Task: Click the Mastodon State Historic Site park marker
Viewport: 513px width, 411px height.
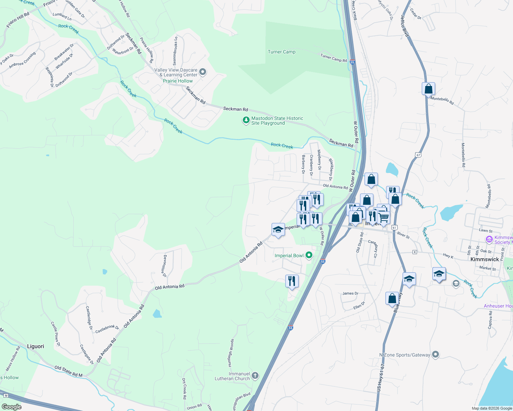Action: [x=246, y=120]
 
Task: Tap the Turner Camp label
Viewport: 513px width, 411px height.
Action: [x=281, y=52]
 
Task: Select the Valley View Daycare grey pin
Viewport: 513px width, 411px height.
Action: [x=203, y=72]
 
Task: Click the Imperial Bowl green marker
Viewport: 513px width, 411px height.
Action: [x=309, y=255]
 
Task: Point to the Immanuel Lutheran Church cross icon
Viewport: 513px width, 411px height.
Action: [x=255, y=376]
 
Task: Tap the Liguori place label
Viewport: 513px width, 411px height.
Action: [x=36, y=346]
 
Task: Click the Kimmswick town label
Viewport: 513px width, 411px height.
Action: [x=485, y=259]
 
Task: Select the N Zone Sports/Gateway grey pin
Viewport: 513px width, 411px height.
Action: [x=435, y=354]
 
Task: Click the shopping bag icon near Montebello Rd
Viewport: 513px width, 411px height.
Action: [x=428, y=89]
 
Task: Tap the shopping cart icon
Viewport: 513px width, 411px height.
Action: [x=383, y=217]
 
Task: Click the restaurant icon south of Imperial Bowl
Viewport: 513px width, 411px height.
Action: [x=292, y=281]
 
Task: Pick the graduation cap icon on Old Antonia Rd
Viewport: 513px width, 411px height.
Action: [x=278, y=229]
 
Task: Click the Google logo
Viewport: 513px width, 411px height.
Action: [x=12, y=407]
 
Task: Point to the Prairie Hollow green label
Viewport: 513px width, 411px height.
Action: [x=178, y=81]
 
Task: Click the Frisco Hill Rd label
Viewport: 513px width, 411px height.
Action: [x=18, y=21]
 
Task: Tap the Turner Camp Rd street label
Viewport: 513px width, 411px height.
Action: [x=333, y=58]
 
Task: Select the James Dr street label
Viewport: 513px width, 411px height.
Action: [x=350, y=293]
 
